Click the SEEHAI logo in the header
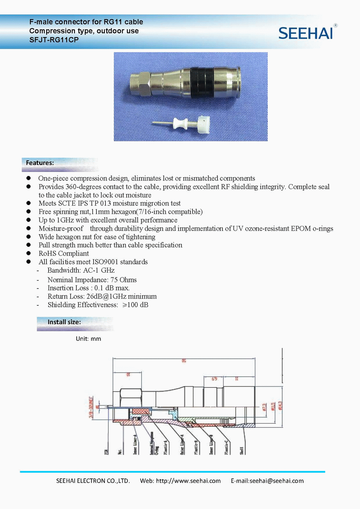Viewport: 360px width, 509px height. pyautogui.click(x=306, y=33)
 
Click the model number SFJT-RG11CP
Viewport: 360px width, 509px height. pyautogui.click(x=54, y=40)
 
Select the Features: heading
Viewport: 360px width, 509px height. pyautogui.click(x=40, y=163)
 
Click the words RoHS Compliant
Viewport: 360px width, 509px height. pyautogui.click(x=64, y=254)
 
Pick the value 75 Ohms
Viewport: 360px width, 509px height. pyautogui.click(x=123, y=280)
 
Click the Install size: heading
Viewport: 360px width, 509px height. pyautogui.click(x=64, y=322)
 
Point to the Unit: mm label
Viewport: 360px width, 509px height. pyautogui.click(x=89, y=339)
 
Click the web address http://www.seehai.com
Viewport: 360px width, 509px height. pyautogui.click(x=188, y=481)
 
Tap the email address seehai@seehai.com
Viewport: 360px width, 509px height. pyautogui.click(x=276, y=481)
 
